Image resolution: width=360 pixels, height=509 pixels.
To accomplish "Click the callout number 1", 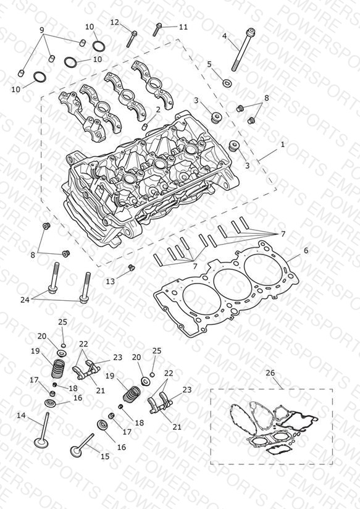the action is [x=282, y=144].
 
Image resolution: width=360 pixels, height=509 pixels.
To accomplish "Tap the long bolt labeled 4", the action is [x=242, y=49].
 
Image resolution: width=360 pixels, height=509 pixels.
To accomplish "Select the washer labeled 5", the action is [x=227, y=83].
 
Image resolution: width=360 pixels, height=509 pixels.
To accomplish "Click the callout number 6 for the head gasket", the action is [x=306, y=251].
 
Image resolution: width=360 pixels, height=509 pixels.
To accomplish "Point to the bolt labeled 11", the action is [x=157, y=30].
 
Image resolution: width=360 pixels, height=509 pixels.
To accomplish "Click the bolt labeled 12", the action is [x=132, y=39].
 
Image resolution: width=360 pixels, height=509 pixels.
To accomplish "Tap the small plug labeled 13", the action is [x=132, y=268].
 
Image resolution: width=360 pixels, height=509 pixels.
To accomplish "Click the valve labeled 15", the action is [x=82, y=445].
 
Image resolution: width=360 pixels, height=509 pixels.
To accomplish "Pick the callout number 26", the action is [x=270, y=373].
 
